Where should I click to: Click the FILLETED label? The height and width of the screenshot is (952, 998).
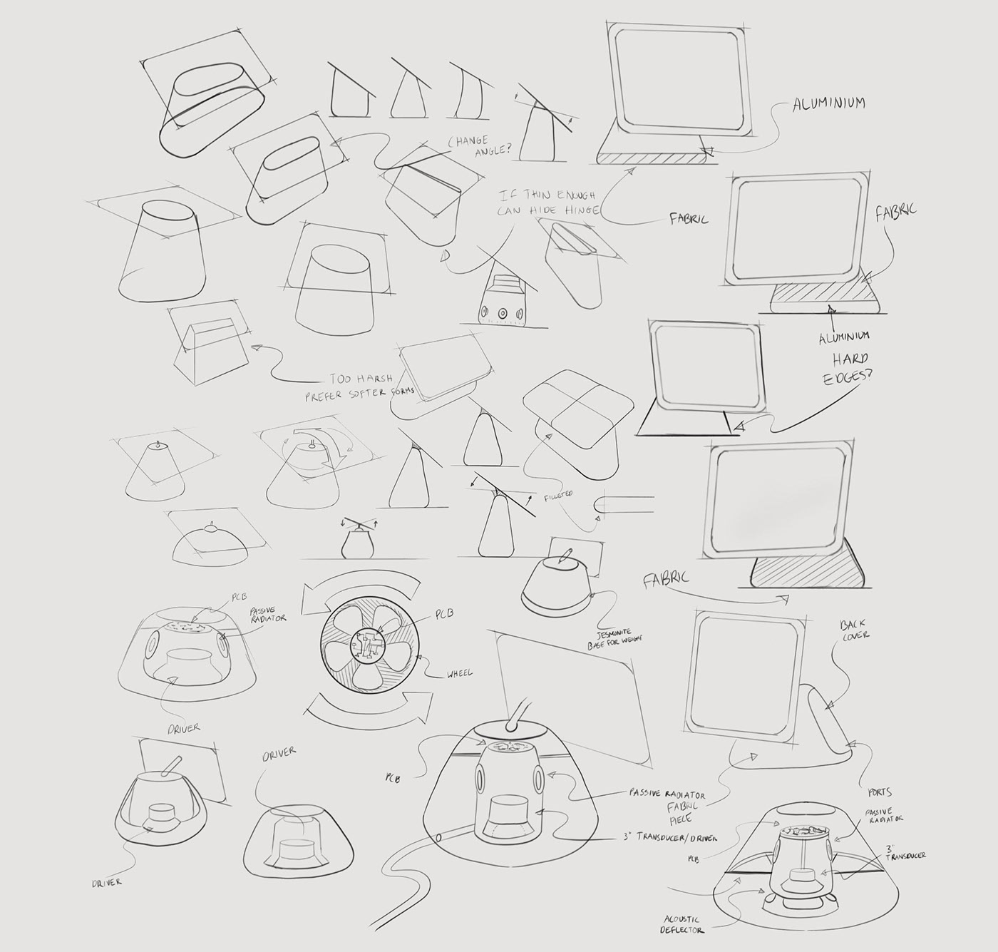coord(558,494)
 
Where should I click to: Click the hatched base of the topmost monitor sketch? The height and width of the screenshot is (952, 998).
coord(652,158)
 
